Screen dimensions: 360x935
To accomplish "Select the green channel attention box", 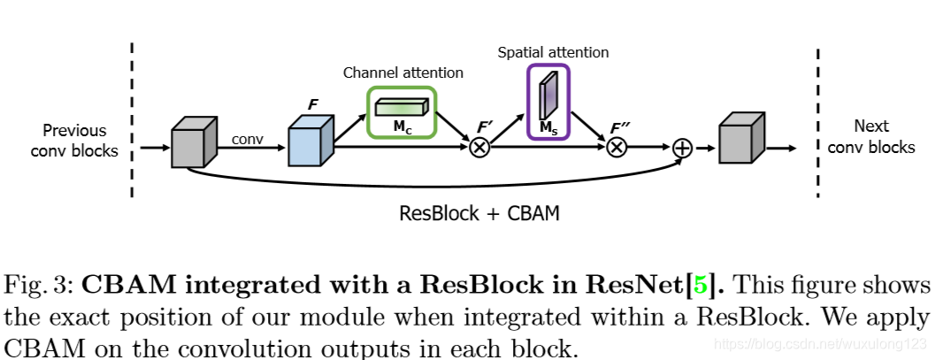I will (x=402, y=112).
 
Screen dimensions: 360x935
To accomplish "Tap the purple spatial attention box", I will (x=548, y=102).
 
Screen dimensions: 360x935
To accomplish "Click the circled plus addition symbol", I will (x=682, y=148).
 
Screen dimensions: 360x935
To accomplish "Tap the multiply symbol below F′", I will (x=479, y=148).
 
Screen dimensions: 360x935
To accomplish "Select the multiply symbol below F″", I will (x=617, y=148).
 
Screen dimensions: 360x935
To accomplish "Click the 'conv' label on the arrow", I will (x=248, y=139).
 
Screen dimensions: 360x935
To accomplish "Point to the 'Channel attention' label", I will (x=402, y=73).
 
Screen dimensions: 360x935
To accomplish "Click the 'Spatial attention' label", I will (x=553, y=53).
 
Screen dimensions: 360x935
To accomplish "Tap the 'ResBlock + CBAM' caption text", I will (x=479, y=213).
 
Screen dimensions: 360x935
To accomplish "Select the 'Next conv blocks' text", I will (x=872, y=136).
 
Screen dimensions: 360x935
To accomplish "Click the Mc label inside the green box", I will (x=402, y=127).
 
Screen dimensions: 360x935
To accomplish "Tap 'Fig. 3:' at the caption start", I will (x=40, y=287).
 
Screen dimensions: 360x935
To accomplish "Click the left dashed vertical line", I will (x=133, y=119).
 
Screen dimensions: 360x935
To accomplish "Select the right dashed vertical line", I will (x=818, y=119).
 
